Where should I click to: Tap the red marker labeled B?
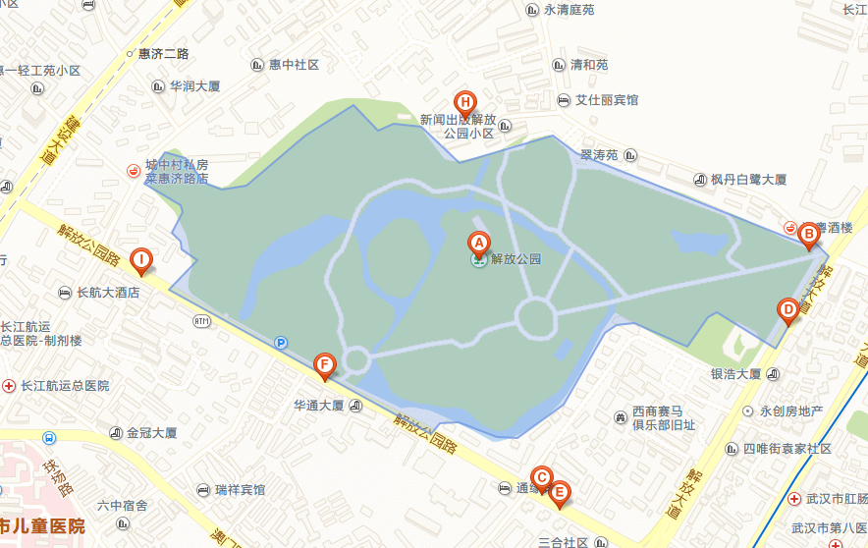click(x=808, y=235)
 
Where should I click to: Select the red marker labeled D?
click(x=787, y=310)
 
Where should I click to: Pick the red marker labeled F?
click(x=324, y=367)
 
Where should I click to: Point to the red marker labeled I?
click(x=141, y=261)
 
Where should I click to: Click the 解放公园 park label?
click(x=515, y=260)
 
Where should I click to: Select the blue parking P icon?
click(x=282, y=343)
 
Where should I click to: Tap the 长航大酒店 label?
click(x=107, y=293)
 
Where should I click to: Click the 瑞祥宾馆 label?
click(x=240, y=489)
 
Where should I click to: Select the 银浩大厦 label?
click(x=735, y=374)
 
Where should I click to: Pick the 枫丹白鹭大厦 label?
click(x=749, y=180)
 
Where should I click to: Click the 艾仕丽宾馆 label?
click(x=606, y=100)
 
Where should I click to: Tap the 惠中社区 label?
click(x=295, y=65)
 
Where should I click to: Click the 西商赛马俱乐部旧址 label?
click(x=663, y=418)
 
